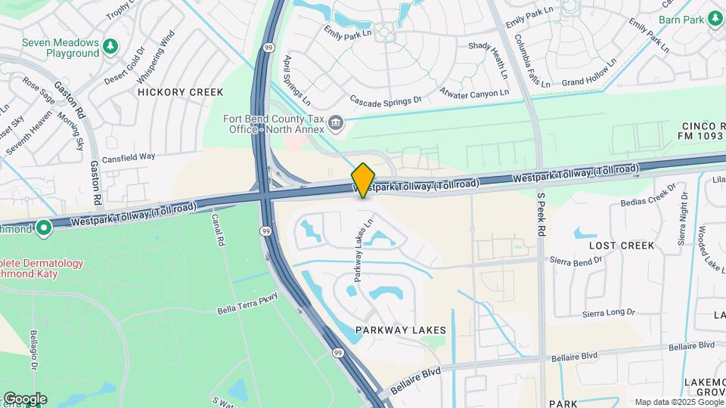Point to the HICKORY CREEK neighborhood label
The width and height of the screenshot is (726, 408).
(181, 92)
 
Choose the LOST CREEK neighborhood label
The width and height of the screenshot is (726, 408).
(622, 246)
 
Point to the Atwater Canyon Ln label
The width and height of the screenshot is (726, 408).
(476, 94)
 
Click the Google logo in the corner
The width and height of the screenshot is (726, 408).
(25, 399)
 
